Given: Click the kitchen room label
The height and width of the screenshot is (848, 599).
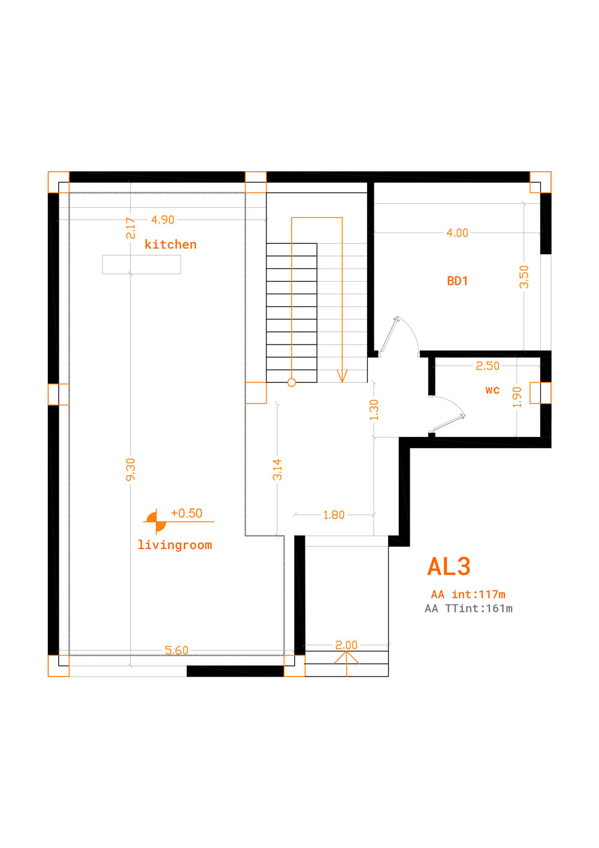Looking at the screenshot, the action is (171, 245).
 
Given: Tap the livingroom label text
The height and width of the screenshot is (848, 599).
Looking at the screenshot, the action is (174, 545).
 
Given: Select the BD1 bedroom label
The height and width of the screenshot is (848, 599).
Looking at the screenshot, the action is (458, 281).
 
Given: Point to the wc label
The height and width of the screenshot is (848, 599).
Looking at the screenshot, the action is (492, 390).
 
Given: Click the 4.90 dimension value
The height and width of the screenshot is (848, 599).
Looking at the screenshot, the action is (163, 220).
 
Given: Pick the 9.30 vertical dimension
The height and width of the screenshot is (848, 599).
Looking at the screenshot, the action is (131, 470).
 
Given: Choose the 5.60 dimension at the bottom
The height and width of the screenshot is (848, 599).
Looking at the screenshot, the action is (176, 650).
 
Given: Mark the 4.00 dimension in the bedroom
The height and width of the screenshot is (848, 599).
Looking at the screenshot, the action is (457, 233).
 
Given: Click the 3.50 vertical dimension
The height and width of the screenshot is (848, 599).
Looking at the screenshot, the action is (524, 277).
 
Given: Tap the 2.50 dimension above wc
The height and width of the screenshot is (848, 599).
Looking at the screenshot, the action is (488, 366).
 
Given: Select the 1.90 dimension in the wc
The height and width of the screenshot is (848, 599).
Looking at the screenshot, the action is (517, 397).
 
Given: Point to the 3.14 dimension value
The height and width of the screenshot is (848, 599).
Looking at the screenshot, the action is (277, 469).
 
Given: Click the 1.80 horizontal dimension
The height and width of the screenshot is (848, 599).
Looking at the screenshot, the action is (334, 515).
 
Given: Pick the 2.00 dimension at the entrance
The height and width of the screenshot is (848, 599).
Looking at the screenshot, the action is (346, 645).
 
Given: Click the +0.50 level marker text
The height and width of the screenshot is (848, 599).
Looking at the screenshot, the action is (186, 514).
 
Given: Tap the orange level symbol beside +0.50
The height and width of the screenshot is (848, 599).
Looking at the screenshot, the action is (156, 521).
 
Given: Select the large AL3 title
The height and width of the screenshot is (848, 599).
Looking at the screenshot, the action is (449, 567).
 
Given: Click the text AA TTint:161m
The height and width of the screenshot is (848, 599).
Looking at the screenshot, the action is (468, 608).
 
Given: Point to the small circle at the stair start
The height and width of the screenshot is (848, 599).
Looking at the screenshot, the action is (291, 383).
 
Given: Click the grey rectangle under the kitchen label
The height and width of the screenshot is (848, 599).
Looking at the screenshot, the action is (141, 264).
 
